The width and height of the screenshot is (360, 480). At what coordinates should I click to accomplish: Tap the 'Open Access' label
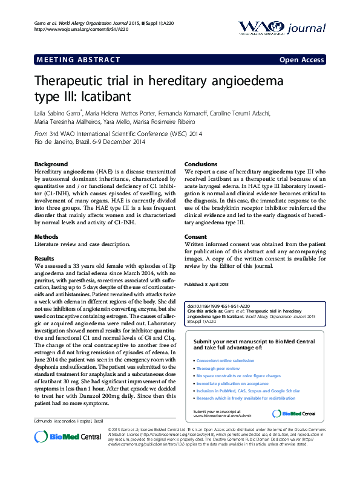coord(301,60)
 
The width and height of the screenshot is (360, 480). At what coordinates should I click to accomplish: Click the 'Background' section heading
coord(51,164)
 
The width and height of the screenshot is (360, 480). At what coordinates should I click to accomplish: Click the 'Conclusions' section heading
coord(200,164)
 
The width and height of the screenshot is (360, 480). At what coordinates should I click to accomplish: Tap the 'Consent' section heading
coord(195,236)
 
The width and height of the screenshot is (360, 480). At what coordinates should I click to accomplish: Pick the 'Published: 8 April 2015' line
coord(206,284)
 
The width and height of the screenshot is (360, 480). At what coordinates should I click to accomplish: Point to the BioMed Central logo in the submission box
coord(294,413)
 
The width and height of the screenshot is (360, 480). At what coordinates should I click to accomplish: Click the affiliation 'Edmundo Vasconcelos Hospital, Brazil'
coord(68,420)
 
